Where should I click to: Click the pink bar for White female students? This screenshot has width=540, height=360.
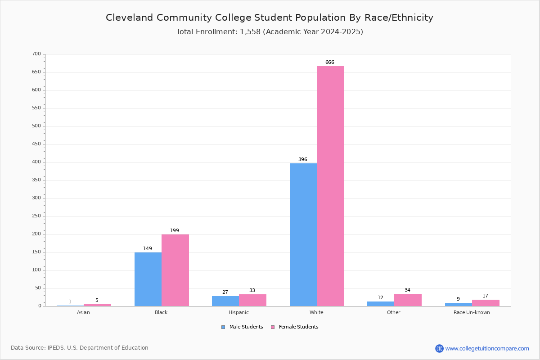pos(330,186)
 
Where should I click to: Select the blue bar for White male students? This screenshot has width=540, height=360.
pos(303,234)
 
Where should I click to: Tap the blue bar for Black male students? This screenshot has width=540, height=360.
pos(148,279)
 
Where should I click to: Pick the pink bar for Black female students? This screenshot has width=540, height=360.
pos(175,270)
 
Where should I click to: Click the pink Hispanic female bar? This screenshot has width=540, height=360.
pos(252,300)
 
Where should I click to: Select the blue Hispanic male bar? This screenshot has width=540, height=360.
pos(225,301)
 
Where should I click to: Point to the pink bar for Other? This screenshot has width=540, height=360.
pos(408,300)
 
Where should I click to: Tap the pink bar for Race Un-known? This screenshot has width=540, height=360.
pos(486,303)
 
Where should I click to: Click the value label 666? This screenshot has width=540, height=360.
pos(330,63)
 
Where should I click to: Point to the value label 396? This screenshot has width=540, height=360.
pos(303,160)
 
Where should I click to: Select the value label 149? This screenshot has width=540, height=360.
pos(148,249)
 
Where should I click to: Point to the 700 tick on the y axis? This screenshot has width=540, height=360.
pos(36,54)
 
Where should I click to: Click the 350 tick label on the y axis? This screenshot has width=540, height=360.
pos(36,180)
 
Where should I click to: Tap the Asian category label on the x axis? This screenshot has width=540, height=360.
pos(83,312)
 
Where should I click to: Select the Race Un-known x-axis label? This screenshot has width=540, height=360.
pos(472,312)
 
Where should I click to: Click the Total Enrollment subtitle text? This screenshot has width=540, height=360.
pos(270,32)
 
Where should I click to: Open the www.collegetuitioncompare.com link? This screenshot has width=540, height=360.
pos(487,348)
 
